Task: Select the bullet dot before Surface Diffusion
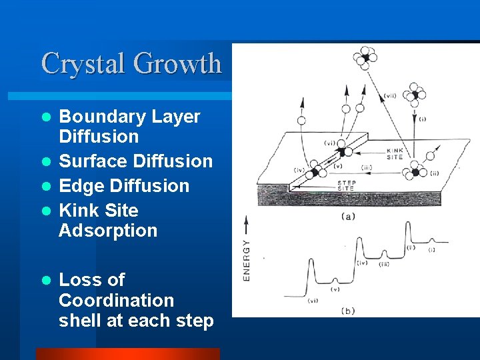(x=46, y=162)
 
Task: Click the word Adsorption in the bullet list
(x=108, y=231)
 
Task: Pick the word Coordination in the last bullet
(x=116, y=301)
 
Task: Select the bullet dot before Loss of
(x=46, y=281)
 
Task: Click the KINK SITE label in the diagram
(x=395, y=154)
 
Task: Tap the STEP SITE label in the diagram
(x=347, y=185)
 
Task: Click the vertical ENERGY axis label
(x=247, y=259)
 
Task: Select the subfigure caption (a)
(x=347, y=215)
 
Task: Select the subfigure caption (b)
(x=347, y=311)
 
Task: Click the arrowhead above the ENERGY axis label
(x=247, y=220)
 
